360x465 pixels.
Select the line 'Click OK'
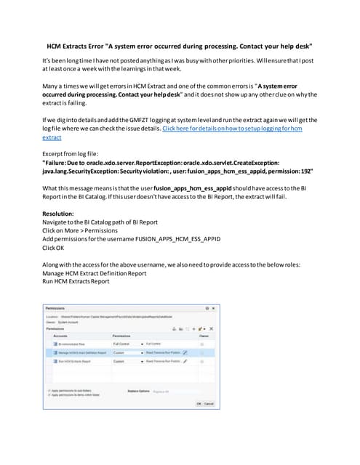(x=56, y=247)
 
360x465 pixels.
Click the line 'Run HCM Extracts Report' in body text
(x=76, y=281)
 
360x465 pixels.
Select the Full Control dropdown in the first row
(x=127, y=343)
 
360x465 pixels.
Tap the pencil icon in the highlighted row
(x=185, y=352)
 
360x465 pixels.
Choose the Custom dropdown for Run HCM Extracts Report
(x=127, y=360)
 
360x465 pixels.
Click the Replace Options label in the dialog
(x=138, y=391)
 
